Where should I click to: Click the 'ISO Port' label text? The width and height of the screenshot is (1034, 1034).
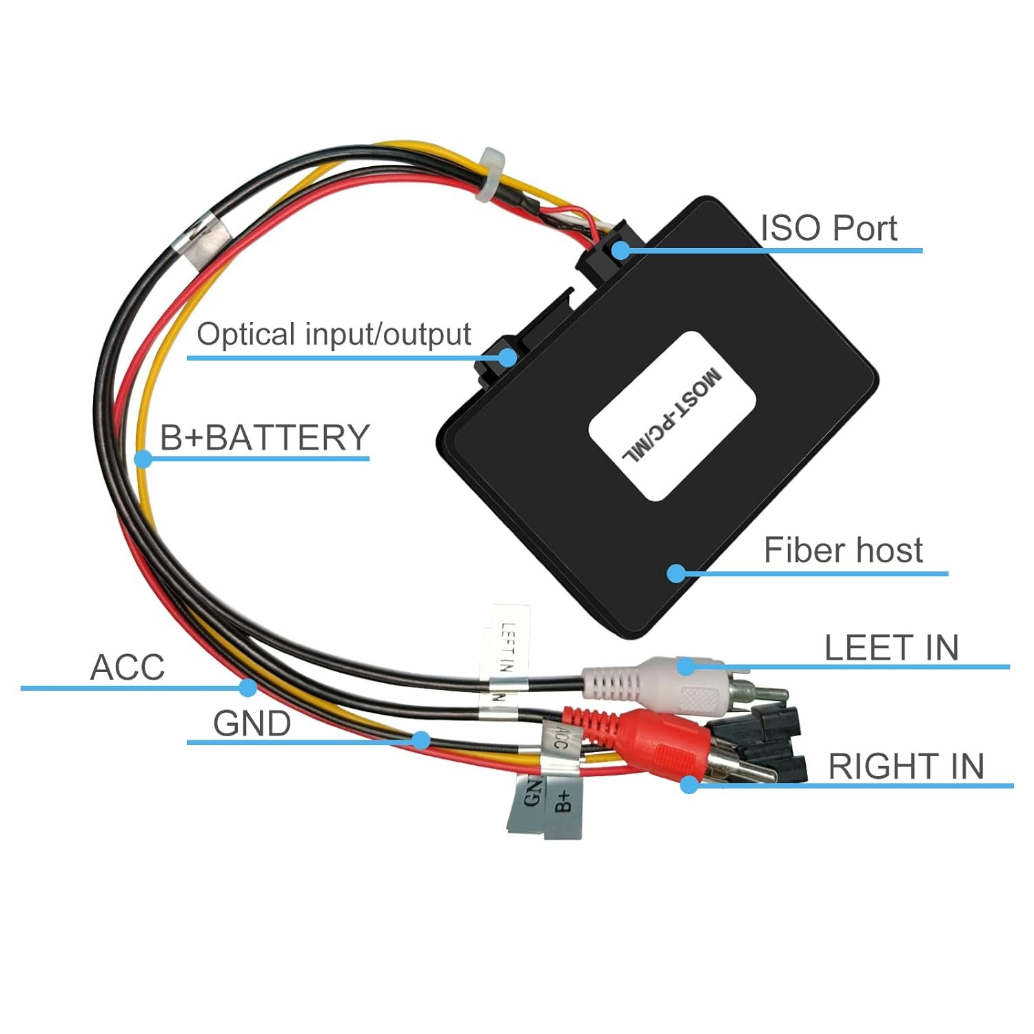coord(828,228)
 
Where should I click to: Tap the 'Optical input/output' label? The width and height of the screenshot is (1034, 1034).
coord(334,334)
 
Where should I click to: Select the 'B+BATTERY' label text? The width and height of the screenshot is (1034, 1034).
coord(265,438)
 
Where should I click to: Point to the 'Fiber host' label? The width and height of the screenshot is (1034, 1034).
coord(842,550)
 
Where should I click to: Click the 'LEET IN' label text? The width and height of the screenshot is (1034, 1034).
coord(891,648)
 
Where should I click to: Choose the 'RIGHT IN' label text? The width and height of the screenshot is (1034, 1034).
coord(906,767)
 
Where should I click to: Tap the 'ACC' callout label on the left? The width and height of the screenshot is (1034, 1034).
coord(128,667)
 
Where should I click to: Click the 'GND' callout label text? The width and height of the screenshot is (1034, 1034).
coord(252,724)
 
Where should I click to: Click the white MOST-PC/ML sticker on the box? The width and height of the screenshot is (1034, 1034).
coord(672,416)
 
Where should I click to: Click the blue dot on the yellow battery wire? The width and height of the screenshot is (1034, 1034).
coord(143,458)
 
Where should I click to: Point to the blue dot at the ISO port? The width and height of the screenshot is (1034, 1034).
coord(620,250)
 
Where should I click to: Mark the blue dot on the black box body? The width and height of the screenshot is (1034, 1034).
coord(676,573)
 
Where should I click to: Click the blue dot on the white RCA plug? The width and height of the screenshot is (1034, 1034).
coord(685,666)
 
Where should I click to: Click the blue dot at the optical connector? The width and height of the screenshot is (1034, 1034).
coord(508,357)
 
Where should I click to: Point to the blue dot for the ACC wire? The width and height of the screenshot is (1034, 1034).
coord(248,687)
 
